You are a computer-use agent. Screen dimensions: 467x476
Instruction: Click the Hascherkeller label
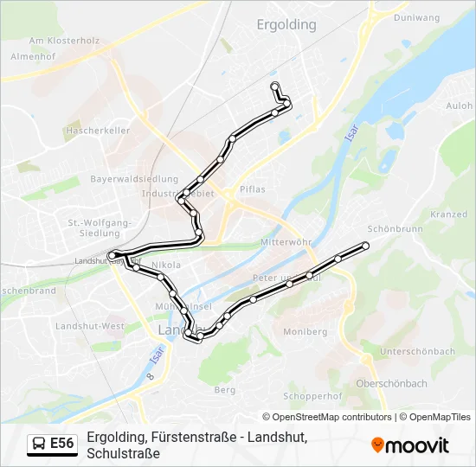[97, 131]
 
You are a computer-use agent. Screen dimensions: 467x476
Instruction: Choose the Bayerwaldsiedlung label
[134, 179]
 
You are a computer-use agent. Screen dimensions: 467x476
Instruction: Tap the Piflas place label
[252, 189]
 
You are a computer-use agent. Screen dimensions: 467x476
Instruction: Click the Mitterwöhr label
[286, 243]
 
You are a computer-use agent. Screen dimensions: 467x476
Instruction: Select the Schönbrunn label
[395, 229]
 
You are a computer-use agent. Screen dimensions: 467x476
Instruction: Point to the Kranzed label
[448, 214]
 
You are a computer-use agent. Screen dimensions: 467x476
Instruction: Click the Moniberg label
[305, 331]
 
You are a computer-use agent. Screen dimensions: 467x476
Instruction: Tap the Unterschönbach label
[417, 351]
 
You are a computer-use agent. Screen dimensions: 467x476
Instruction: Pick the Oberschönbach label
[391, 383]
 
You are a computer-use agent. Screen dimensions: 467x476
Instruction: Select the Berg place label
[224, 390]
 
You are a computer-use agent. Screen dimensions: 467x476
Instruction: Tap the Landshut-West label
[90, 326]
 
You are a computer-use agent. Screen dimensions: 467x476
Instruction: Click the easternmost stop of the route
[365, 246]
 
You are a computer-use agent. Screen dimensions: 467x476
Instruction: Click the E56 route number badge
[61, 444]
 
